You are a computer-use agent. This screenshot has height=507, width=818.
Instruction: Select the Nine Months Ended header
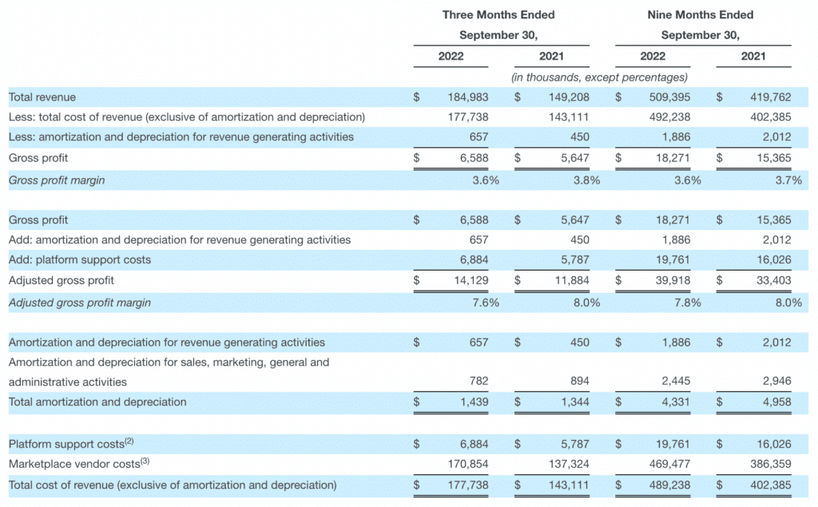pyautogui.click(x=701, y=14)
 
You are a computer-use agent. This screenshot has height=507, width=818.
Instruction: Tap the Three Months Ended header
pyautogui.click(x=498, y=14)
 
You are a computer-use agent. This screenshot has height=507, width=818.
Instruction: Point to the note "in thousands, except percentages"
pyautogui.click(x=599, y=77)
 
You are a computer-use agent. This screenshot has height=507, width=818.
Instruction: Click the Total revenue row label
pyautogui.click(x=42, y=97)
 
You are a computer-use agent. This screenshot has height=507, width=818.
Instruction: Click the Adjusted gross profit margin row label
pyautogui.click(x=79, y=303)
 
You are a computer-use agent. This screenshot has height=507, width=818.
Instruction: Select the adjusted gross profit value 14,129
pyautogui.click(x=469, y=280)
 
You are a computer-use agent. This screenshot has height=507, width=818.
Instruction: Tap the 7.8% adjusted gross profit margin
pyautogui.click(x=687, y=303)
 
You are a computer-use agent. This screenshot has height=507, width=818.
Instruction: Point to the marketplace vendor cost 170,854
pyautogui.click(x=467, y=464)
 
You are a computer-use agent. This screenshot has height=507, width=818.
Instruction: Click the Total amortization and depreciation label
pyautogui.click(x=97, y=402)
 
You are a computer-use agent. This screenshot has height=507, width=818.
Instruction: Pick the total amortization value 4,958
pyautogui.click(x=776, y=402)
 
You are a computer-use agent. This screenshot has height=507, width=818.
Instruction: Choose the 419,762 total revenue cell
pyautogui.click(x=772, y=97)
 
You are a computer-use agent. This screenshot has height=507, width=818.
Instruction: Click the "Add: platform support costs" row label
pyautogui.click(x=80, y=259)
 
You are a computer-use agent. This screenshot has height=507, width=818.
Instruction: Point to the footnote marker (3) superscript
pyautogui.click(x=145, y=461)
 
